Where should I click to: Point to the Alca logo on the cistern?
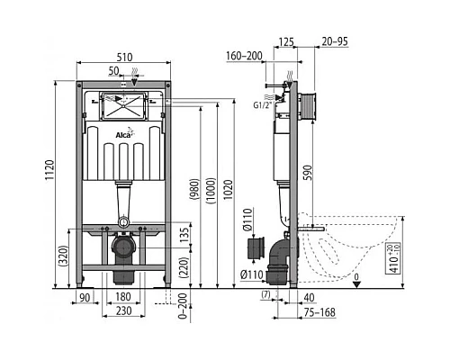coord(125,136)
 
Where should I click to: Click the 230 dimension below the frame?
coord(125,310)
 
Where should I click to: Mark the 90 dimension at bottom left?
coord(85,298)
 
